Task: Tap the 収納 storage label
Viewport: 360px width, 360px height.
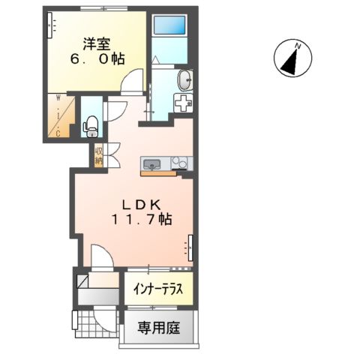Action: click(x=99, y=154)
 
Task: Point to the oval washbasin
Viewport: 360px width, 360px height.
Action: click(x=184, y=79)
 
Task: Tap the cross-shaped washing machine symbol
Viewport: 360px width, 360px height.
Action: click(x=182, y=104)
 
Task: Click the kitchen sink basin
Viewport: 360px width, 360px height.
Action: click(x=150, y=163)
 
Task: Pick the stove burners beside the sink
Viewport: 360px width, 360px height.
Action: click(x=179, y=163)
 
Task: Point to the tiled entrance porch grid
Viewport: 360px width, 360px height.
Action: click(x=95, y=322)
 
